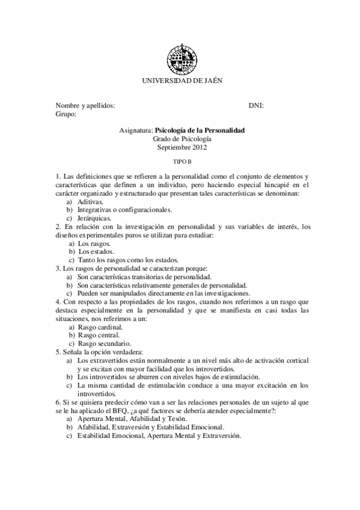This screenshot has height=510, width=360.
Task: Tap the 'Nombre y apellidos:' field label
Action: point(85,105)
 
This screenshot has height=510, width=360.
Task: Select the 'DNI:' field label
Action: point(256,105)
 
